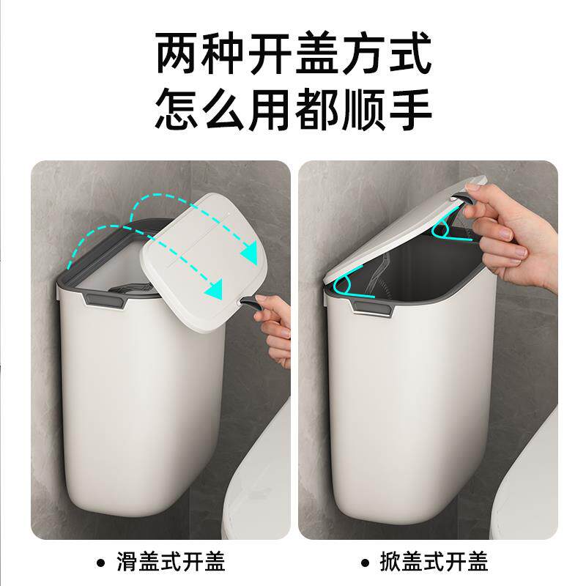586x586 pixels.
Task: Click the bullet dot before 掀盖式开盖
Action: pos(365,563)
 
